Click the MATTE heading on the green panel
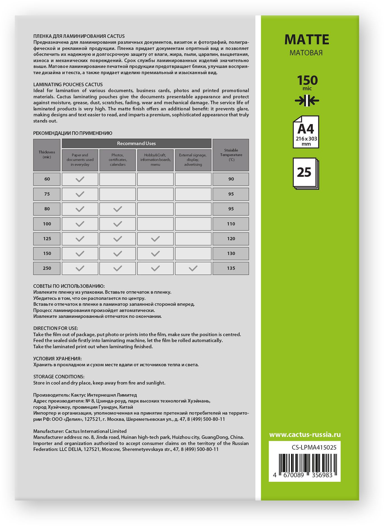click(306, 40)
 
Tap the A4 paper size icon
click(306, 132)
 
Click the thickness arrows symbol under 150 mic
click(307, 101)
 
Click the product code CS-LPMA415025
click(314, 447)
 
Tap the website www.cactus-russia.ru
click(305, 435)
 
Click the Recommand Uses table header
click(136, 144)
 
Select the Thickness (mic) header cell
click(47, 155)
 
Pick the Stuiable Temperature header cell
click(231, 155)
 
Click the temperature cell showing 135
click(231, 268)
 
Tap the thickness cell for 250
click(47, 268)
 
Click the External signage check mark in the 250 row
click(193, 268)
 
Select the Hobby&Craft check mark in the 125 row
click(155, 239)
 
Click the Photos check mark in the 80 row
click(118, 209)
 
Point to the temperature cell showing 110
click(231, 224)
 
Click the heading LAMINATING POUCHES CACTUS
click(68, 84)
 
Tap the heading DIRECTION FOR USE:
click(56, 328)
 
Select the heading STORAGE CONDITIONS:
click(59, 377)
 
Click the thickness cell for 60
click(47, 179)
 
